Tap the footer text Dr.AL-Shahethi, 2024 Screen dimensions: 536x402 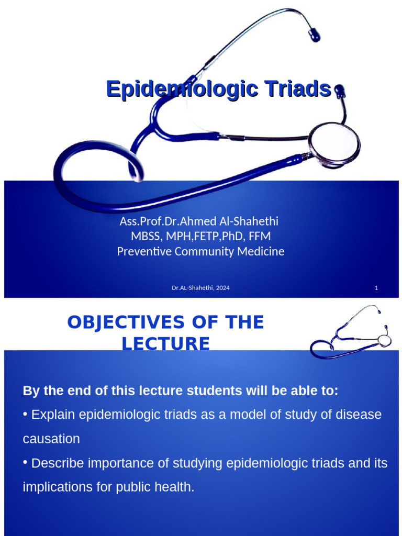click(200, 288)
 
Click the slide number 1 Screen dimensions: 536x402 click(376, 288)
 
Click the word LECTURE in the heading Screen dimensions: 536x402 click(166, 344)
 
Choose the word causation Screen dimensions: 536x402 click(51, 439)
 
